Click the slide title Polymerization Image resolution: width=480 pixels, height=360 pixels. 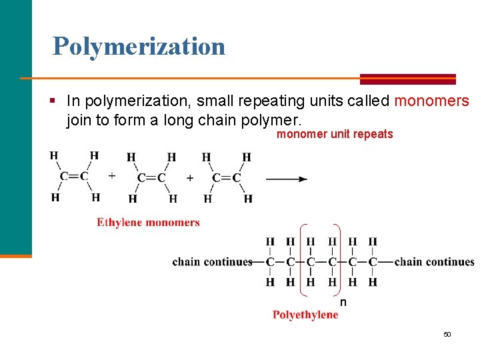pos(139,47)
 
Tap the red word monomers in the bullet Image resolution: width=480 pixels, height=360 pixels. pos(432,101)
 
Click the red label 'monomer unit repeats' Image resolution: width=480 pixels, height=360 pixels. pos(335,135)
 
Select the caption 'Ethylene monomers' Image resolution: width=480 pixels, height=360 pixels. pos(148,223)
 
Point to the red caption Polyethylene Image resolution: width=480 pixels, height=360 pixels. pos(305,315)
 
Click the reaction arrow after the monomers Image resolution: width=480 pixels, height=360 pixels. pos(286,179)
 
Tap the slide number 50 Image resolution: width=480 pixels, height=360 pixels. pos(447,334)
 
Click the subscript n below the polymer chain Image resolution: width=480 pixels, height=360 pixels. pos(343,303)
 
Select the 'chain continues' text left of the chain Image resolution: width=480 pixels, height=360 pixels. pos(212,262)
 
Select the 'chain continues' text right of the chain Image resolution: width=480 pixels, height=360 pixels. pos(434,262)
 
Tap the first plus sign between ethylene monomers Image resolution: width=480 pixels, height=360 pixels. pos(112,177)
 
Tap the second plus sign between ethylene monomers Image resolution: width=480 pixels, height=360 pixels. pos(190,178)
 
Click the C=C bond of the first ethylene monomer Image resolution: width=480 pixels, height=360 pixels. pos(74,177)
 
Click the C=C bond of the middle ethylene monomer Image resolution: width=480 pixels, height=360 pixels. pos(152,178)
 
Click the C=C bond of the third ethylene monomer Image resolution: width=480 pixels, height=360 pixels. pos(227,178)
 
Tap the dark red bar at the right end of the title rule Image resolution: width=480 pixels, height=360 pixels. pos(407,79)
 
